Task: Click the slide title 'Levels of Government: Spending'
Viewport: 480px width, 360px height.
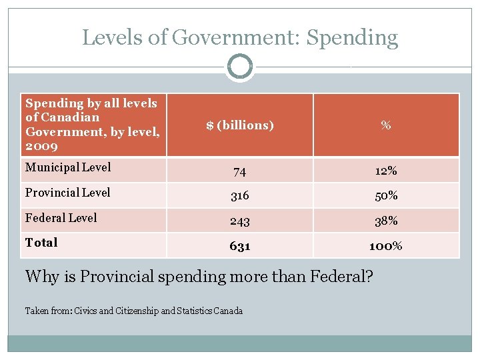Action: click(240, 37)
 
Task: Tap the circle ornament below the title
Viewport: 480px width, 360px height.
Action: click(239, 67)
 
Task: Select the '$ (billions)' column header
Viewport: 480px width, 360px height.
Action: click(240, 125)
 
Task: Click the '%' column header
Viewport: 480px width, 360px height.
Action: click(385, 125)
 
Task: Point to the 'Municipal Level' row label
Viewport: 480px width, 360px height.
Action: click(68, 167)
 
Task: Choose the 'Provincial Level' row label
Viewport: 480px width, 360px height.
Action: click(68, 193)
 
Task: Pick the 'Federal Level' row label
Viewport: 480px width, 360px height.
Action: click(61, 218)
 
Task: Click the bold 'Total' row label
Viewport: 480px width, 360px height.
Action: click(41, 243)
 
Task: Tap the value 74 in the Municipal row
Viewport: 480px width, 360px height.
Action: click(239, 171)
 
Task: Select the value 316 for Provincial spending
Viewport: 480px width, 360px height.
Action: click(239, 196)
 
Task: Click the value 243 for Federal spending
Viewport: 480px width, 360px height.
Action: click(239, 221)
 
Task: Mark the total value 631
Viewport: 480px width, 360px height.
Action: click(239, 246)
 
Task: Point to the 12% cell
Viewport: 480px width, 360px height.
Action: click(385, 171)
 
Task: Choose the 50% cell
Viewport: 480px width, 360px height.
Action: click(385, 196)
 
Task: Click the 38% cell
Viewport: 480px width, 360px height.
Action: click(385, 221)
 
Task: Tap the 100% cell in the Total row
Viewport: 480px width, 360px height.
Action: click(385, 246)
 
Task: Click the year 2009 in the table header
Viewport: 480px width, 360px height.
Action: click(41, 146)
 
